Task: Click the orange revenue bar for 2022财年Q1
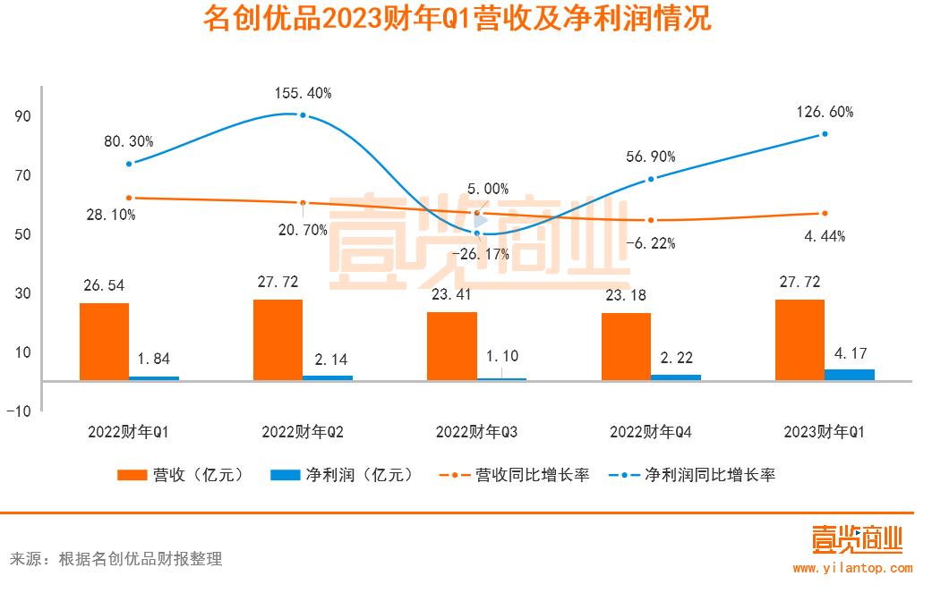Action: (x=104, y=342)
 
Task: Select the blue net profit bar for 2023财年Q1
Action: (x=849, y=375)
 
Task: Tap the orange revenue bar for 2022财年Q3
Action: (x=452, y=346)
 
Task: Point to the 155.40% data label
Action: (x=304, y=93)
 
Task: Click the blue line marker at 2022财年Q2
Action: (x=304, y=115)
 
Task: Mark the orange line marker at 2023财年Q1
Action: (x=825, y=214)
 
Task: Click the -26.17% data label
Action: (x=480, y=254)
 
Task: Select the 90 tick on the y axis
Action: (x=22, y=116)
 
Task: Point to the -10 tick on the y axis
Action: (x=20, y=411)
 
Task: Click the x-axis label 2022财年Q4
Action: (x=650, y=432)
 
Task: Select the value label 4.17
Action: (x=850, y=354)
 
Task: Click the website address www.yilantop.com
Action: (x=852, y=568)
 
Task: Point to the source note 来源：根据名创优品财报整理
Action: (x=115, y=559)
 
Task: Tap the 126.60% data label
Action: (x=825, y=113)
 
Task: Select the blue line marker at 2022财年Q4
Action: (x=651, y=179)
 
